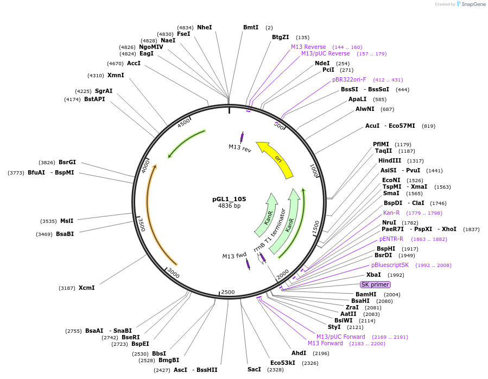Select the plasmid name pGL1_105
(229, 199)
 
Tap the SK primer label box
(375, 284)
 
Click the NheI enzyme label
(205, 27)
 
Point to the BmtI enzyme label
(251, 27)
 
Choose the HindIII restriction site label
(390, 160)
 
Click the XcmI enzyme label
(86, 288)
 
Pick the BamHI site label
(366, 294)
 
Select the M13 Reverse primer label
(308, 47)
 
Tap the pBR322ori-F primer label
(349, 79)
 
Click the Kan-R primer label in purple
(391, 213)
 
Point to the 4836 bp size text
(229, 206)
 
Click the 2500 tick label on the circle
(228, 292)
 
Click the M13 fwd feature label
(235, 256)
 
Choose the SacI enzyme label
(254, 369)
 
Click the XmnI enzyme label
(116, 75)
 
